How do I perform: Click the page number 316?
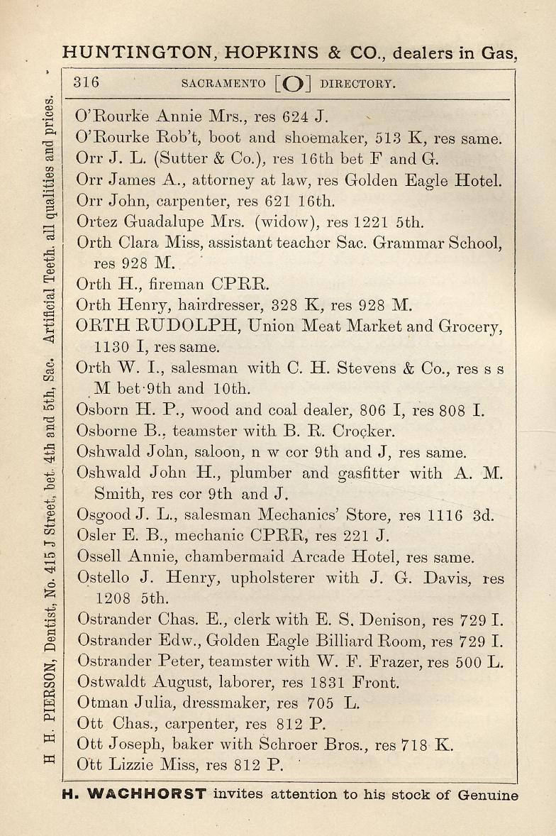coord(87,82)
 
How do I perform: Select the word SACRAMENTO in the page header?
coord(223,83)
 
